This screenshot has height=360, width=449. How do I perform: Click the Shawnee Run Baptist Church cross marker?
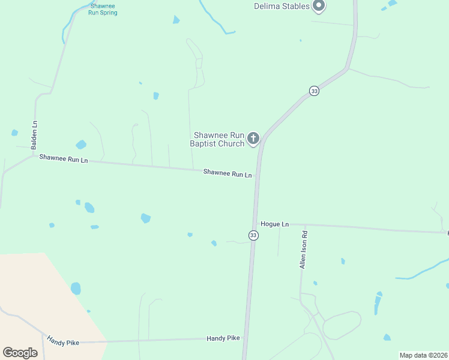253,139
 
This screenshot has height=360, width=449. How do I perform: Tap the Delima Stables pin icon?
319,7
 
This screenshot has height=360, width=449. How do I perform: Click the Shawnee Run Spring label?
103,9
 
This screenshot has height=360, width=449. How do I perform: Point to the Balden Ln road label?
35,131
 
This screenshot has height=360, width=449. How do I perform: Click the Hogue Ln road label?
275,224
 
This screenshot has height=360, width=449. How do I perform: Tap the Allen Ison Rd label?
304,249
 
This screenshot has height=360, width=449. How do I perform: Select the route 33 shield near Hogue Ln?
253,235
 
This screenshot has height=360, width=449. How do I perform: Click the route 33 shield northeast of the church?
314,91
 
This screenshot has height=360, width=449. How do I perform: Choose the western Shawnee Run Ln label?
64,159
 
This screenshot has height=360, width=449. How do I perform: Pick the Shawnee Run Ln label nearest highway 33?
228,173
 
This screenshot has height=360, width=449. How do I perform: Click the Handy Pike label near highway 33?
223,338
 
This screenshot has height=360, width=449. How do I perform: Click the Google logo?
20,353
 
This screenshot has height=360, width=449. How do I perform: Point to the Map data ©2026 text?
423,355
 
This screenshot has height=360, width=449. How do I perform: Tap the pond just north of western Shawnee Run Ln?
80,145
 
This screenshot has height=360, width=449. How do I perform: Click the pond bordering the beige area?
76,289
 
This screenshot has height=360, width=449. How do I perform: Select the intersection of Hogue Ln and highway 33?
255,223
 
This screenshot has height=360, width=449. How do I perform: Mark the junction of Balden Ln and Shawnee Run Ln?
33,156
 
